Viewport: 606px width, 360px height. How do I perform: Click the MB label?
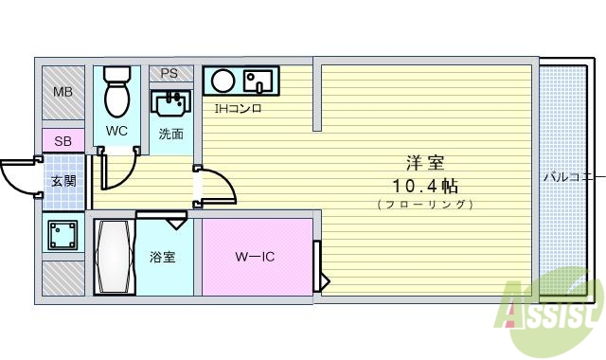click(x=62, y=92)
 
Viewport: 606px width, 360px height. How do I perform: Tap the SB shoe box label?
click(x=62, y=141)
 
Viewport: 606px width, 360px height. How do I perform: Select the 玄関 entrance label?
click(x=63, y=180)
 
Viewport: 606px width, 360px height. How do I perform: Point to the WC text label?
click(x=116, y=131)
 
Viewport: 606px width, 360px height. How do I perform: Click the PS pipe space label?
click(x=169, y=73)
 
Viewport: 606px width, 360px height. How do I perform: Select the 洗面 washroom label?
click(x=170, y=134)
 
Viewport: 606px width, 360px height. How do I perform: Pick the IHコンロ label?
click(x=237, y=108)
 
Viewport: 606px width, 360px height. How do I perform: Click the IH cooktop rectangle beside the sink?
click(x=258, y=80)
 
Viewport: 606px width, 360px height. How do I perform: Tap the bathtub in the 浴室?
click(x=116, y=256)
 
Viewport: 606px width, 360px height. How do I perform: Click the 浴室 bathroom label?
click(x=162, y=257)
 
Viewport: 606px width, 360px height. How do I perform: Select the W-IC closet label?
click(x=255, y=257)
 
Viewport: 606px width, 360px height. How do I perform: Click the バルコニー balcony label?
click(x=574, y=176)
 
